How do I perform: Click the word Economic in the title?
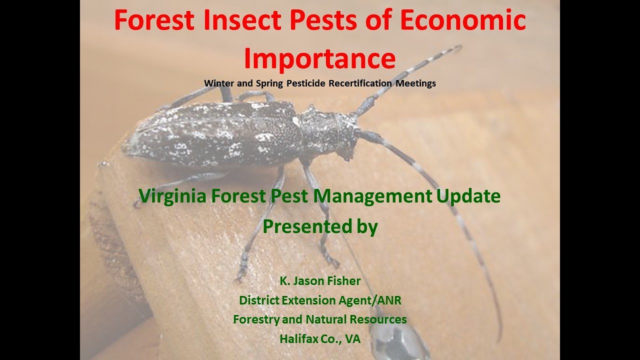pos(465,20)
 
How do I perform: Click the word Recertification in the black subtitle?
pos(360,83)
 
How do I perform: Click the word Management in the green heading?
pos(373,196)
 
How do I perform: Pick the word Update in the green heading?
pos(468,196)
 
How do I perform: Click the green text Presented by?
pos(320,226)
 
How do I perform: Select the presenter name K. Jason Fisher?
pos(320,281)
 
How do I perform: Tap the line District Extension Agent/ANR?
pos(320,300)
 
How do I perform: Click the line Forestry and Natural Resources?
pos(320,319)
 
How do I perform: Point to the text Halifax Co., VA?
pos(320,338)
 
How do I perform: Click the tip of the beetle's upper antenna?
pos(457,47)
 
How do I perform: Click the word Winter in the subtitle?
pos(218,83)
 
